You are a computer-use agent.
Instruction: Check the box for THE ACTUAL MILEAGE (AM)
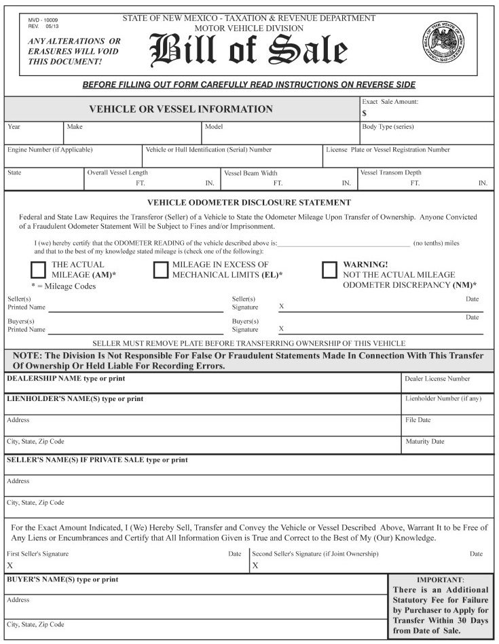click(x=39, y=269)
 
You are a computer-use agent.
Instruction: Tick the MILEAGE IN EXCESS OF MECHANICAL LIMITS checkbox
click(x=160, y=269)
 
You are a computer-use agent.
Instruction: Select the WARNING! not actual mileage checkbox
click(x=329, y=269)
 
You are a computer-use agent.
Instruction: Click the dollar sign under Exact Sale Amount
click(x=365, y=113)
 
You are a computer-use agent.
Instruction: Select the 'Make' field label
click(x=74, y=127)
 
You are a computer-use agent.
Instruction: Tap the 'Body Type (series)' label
click(x=388, y=127)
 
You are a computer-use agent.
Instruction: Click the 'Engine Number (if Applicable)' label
click(x=50, y=149)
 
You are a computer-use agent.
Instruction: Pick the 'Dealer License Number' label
click(x=437, y=379)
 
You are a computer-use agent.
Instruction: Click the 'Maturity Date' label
click(x=425, y=442)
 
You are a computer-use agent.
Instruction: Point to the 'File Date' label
click(x=418, y=421)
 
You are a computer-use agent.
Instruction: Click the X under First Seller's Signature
click(x=10, y=565)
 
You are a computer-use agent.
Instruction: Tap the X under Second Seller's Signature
click(x=255, y=565)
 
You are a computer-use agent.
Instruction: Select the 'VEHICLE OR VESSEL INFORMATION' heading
click(x=181, y=109)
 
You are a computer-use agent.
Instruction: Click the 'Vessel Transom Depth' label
click(x=391, y=173)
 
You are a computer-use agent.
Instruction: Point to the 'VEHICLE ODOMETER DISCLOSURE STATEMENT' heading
click(x=249, y=202)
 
